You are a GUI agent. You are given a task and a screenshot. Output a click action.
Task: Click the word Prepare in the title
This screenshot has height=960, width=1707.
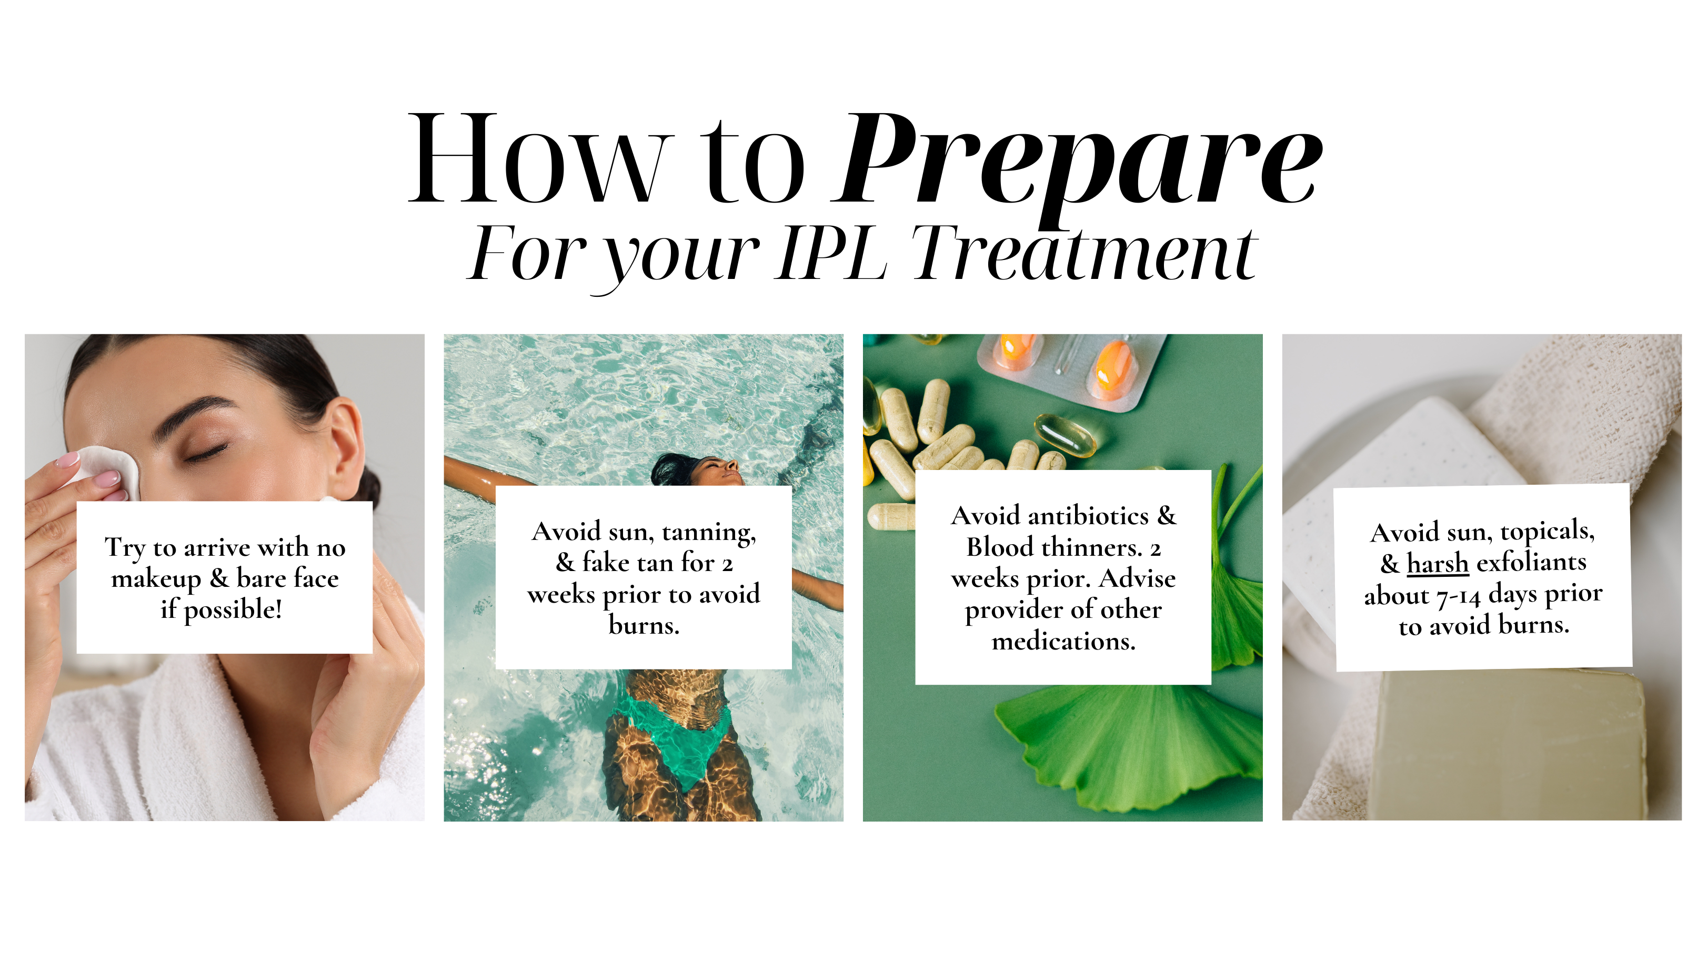click(x=1079, y=166)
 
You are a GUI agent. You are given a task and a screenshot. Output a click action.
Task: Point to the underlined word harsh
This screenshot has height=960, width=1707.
click(x=1437, y=564)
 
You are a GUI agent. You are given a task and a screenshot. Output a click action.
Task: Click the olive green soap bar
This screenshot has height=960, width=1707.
click(x=1508, y=746)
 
